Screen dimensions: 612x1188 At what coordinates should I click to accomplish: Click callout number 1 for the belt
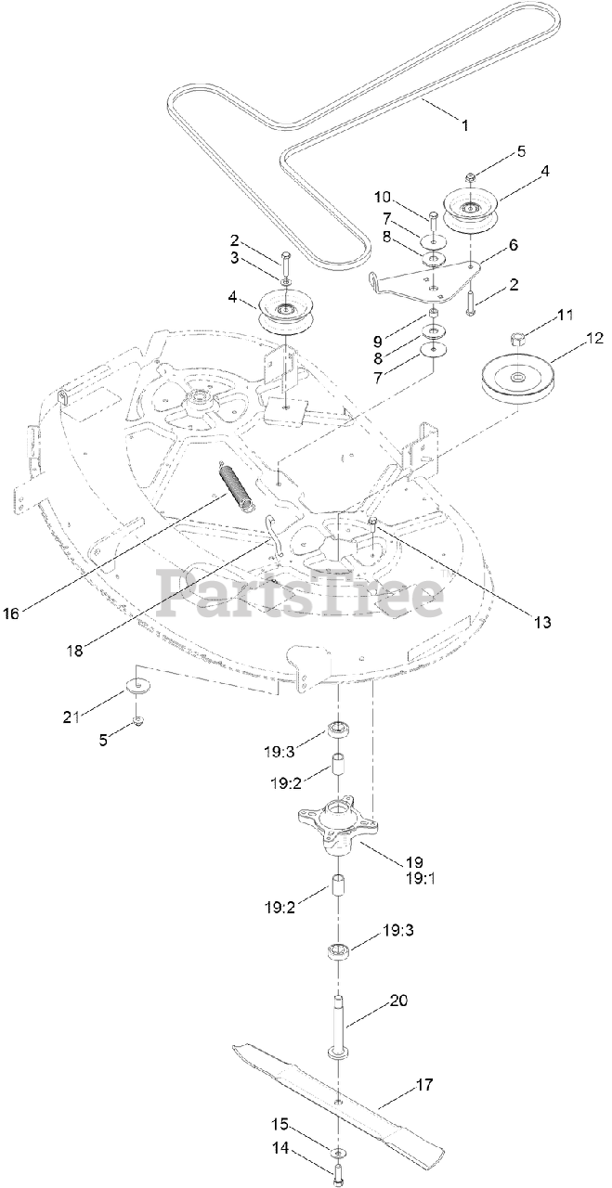466,122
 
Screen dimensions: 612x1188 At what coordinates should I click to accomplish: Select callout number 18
75,651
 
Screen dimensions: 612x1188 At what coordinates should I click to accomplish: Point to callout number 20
398,1001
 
